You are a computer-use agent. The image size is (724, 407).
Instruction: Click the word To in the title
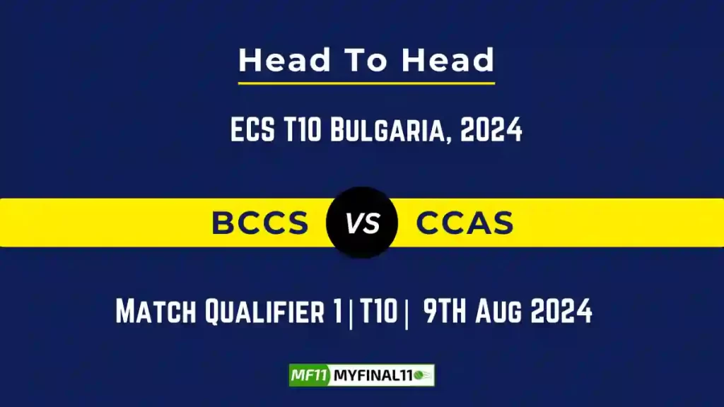coord(367,61)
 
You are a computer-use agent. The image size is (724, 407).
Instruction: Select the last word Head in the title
coord(448,61)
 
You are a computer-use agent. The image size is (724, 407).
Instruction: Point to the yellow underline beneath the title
coord(366,83)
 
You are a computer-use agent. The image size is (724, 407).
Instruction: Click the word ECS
coord(252,131)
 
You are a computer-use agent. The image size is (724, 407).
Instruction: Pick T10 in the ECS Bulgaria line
coord(301,131)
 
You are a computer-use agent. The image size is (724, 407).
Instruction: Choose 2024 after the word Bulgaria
coord(491,131)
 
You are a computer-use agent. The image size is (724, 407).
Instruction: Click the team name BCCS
coord(260,223)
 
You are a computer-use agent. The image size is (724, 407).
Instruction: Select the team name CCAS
coord(465,223)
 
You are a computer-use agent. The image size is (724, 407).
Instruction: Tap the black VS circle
coord(362,223)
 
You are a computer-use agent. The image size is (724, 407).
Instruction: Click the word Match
coord(157,312)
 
